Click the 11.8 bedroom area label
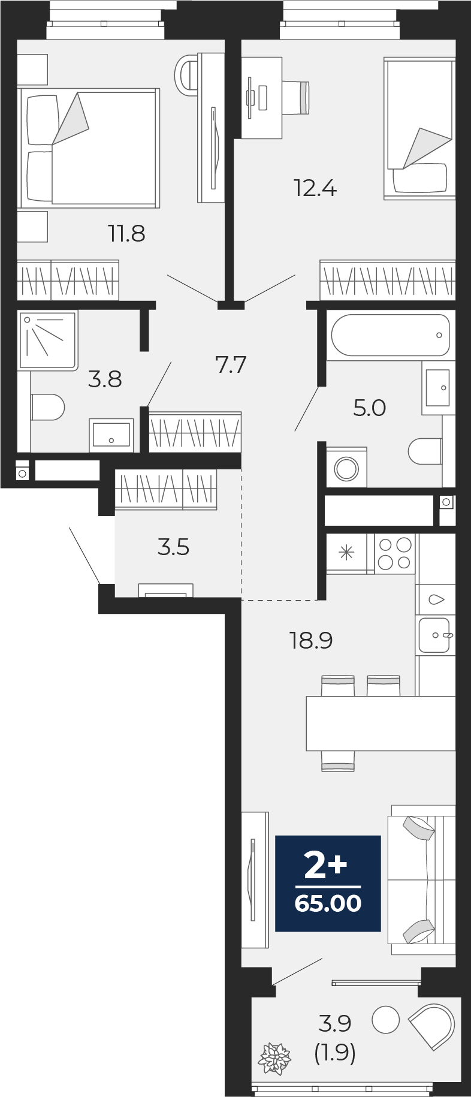(126, 233)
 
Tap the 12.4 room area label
(315, 189)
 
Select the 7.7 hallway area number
(231, 364)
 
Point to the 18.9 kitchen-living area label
(311, 641)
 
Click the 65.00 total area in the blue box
(328, 903)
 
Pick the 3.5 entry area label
(174, 547)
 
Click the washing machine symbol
(346, 468)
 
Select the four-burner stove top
(395, 553)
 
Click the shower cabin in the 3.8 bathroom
(48, 339)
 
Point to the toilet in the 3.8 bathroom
(47, 407)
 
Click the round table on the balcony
(386, 1020)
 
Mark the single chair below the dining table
(338, 761)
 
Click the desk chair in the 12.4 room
(297, 98)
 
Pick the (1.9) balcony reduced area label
(336, 1053)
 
